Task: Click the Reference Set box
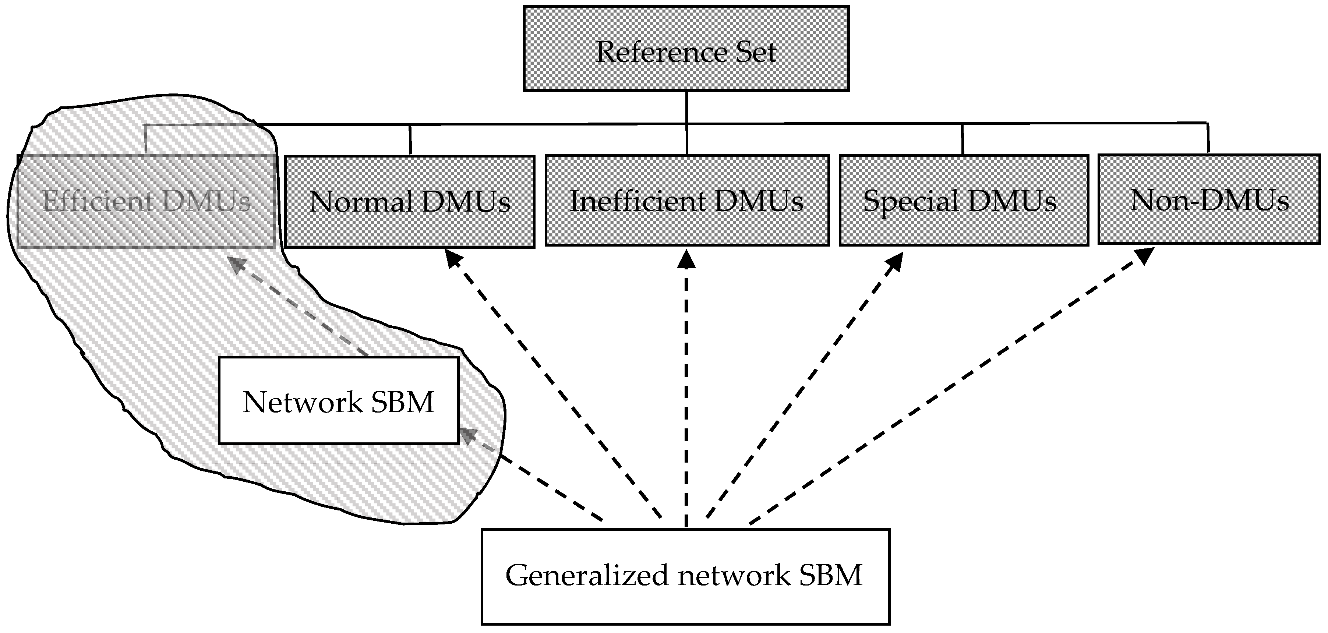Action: pyautogui.click(x=686, y=49)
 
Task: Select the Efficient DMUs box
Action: pyautogui.click(x=146, y=201)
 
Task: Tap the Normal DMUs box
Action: pyautogui.click(x=410, y=201)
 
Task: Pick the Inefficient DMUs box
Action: pyautogui.click(x=687, y=201)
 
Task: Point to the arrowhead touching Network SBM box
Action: pyautogui.click(x=467, y=436)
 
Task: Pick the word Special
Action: pyautogui.click(x=910, y=201)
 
